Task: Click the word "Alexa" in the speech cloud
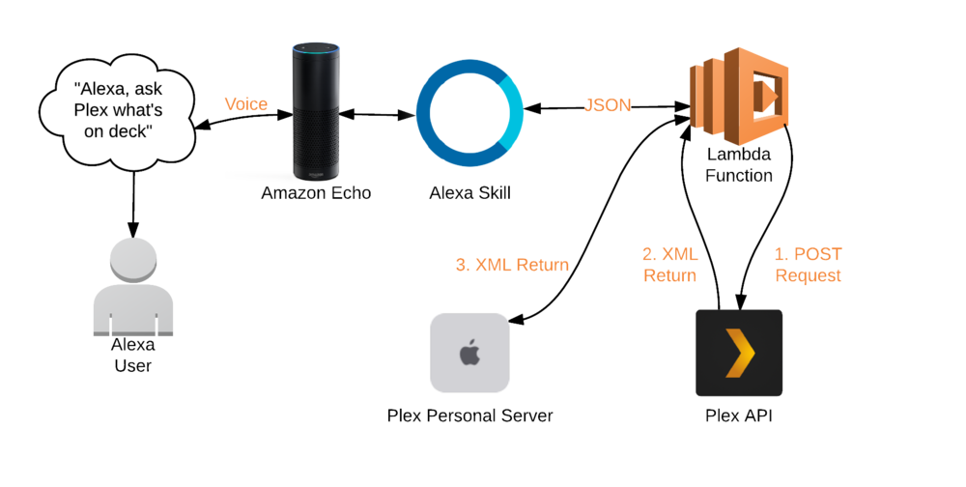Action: [99, 88]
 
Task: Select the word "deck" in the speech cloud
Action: [135, 130]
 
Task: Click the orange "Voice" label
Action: [245, 104]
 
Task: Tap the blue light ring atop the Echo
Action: [316, 45]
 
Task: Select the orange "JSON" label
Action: [608, 105]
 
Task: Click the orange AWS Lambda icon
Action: [740, 97]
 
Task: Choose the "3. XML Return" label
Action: [512, 265]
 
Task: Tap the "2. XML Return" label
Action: [669, 265]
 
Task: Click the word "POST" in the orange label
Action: [817, 255]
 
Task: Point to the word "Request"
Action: [808, 275]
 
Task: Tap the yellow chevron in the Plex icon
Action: [740, 353]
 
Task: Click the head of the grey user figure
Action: [133, 259]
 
